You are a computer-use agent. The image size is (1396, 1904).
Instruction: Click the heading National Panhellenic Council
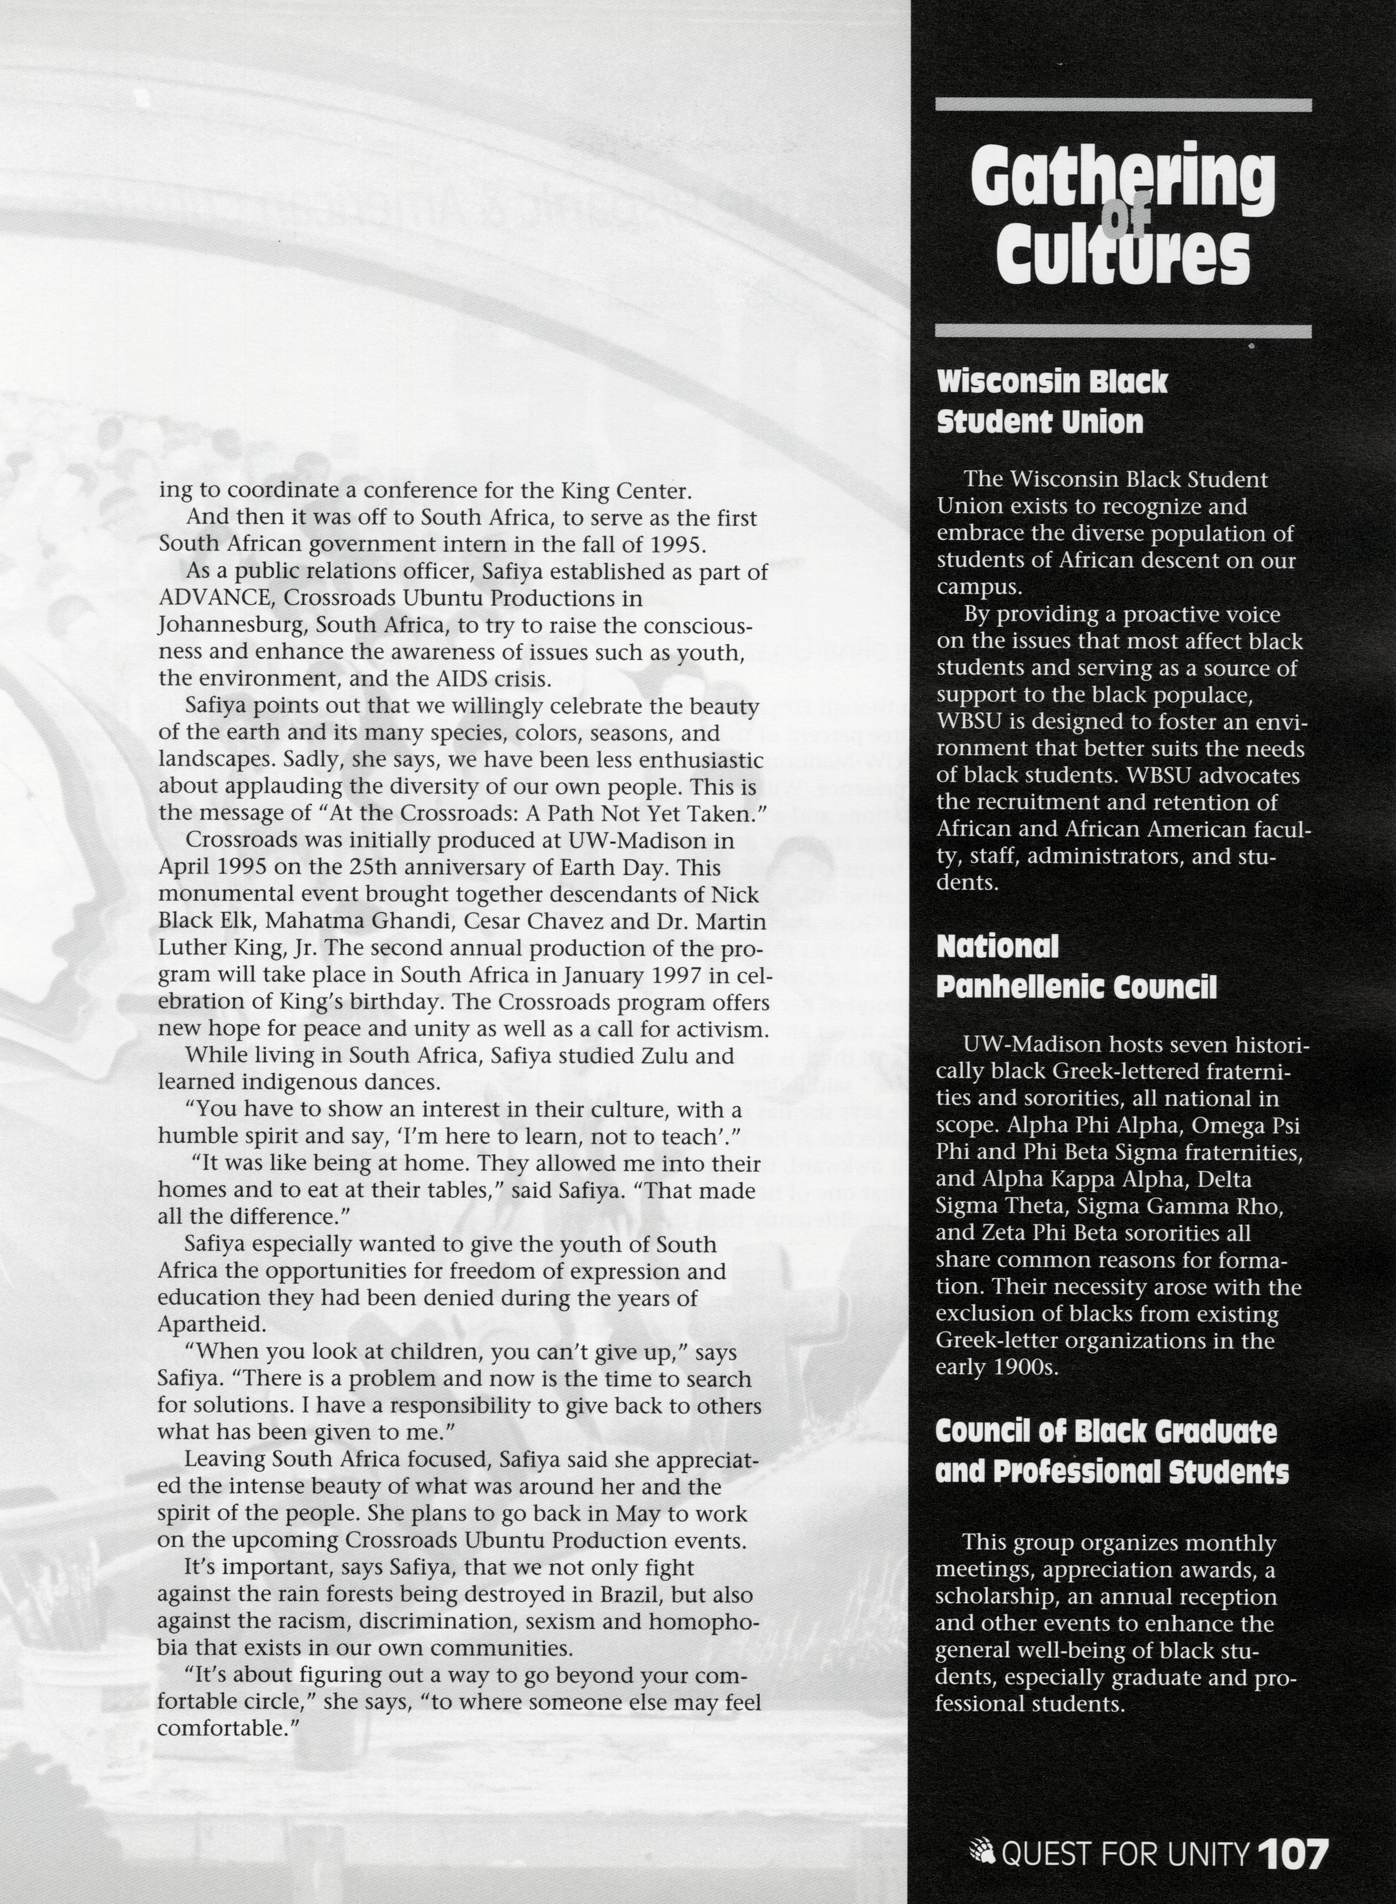coord(1075,967)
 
